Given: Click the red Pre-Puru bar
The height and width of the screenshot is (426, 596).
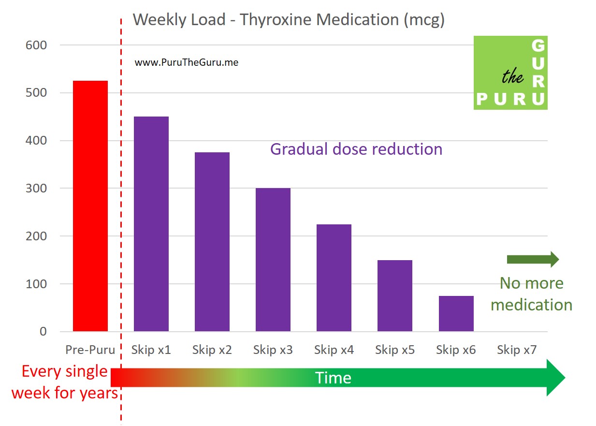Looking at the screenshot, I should click(x=90, y=206).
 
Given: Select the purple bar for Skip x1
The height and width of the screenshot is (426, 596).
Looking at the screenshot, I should click(x=151, y=224).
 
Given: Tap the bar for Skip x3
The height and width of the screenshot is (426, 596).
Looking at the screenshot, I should click(x=273, y=260).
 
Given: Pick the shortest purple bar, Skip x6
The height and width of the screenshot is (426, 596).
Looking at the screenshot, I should click(x=456, y=314).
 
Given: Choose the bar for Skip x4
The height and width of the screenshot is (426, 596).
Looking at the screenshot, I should click(x=334, y=278).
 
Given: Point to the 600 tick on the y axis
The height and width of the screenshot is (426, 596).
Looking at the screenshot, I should click(x=37, y=45).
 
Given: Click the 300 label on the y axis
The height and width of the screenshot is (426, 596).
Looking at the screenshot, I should click(x=37, y=189).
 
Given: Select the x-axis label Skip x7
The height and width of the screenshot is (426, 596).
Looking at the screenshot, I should click(x=517, y=350).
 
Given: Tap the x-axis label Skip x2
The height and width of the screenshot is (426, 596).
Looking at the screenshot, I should click(x=212, y=350).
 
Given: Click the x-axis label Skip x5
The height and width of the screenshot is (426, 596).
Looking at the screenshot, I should click(x=395, y=350).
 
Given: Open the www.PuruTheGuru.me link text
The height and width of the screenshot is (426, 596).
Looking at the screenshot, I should click(x=186, y=62).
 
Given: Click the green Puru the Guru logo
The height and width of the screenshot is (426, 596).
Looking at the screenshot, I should click(x=510, y=73).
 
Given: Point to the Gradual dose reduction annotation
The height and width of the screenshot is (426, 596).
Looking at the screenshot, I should click(x=356, y=149).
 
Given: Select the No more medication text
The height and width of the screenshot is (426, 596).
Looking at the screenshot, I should click(x=531, y=294).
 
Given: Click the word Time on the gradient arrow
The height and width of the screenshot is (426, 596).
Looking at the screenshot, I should click(x=333, y=378).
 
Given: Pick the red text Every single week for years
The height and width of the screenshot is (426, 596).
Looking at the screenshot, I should click(x=65, y=382).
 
